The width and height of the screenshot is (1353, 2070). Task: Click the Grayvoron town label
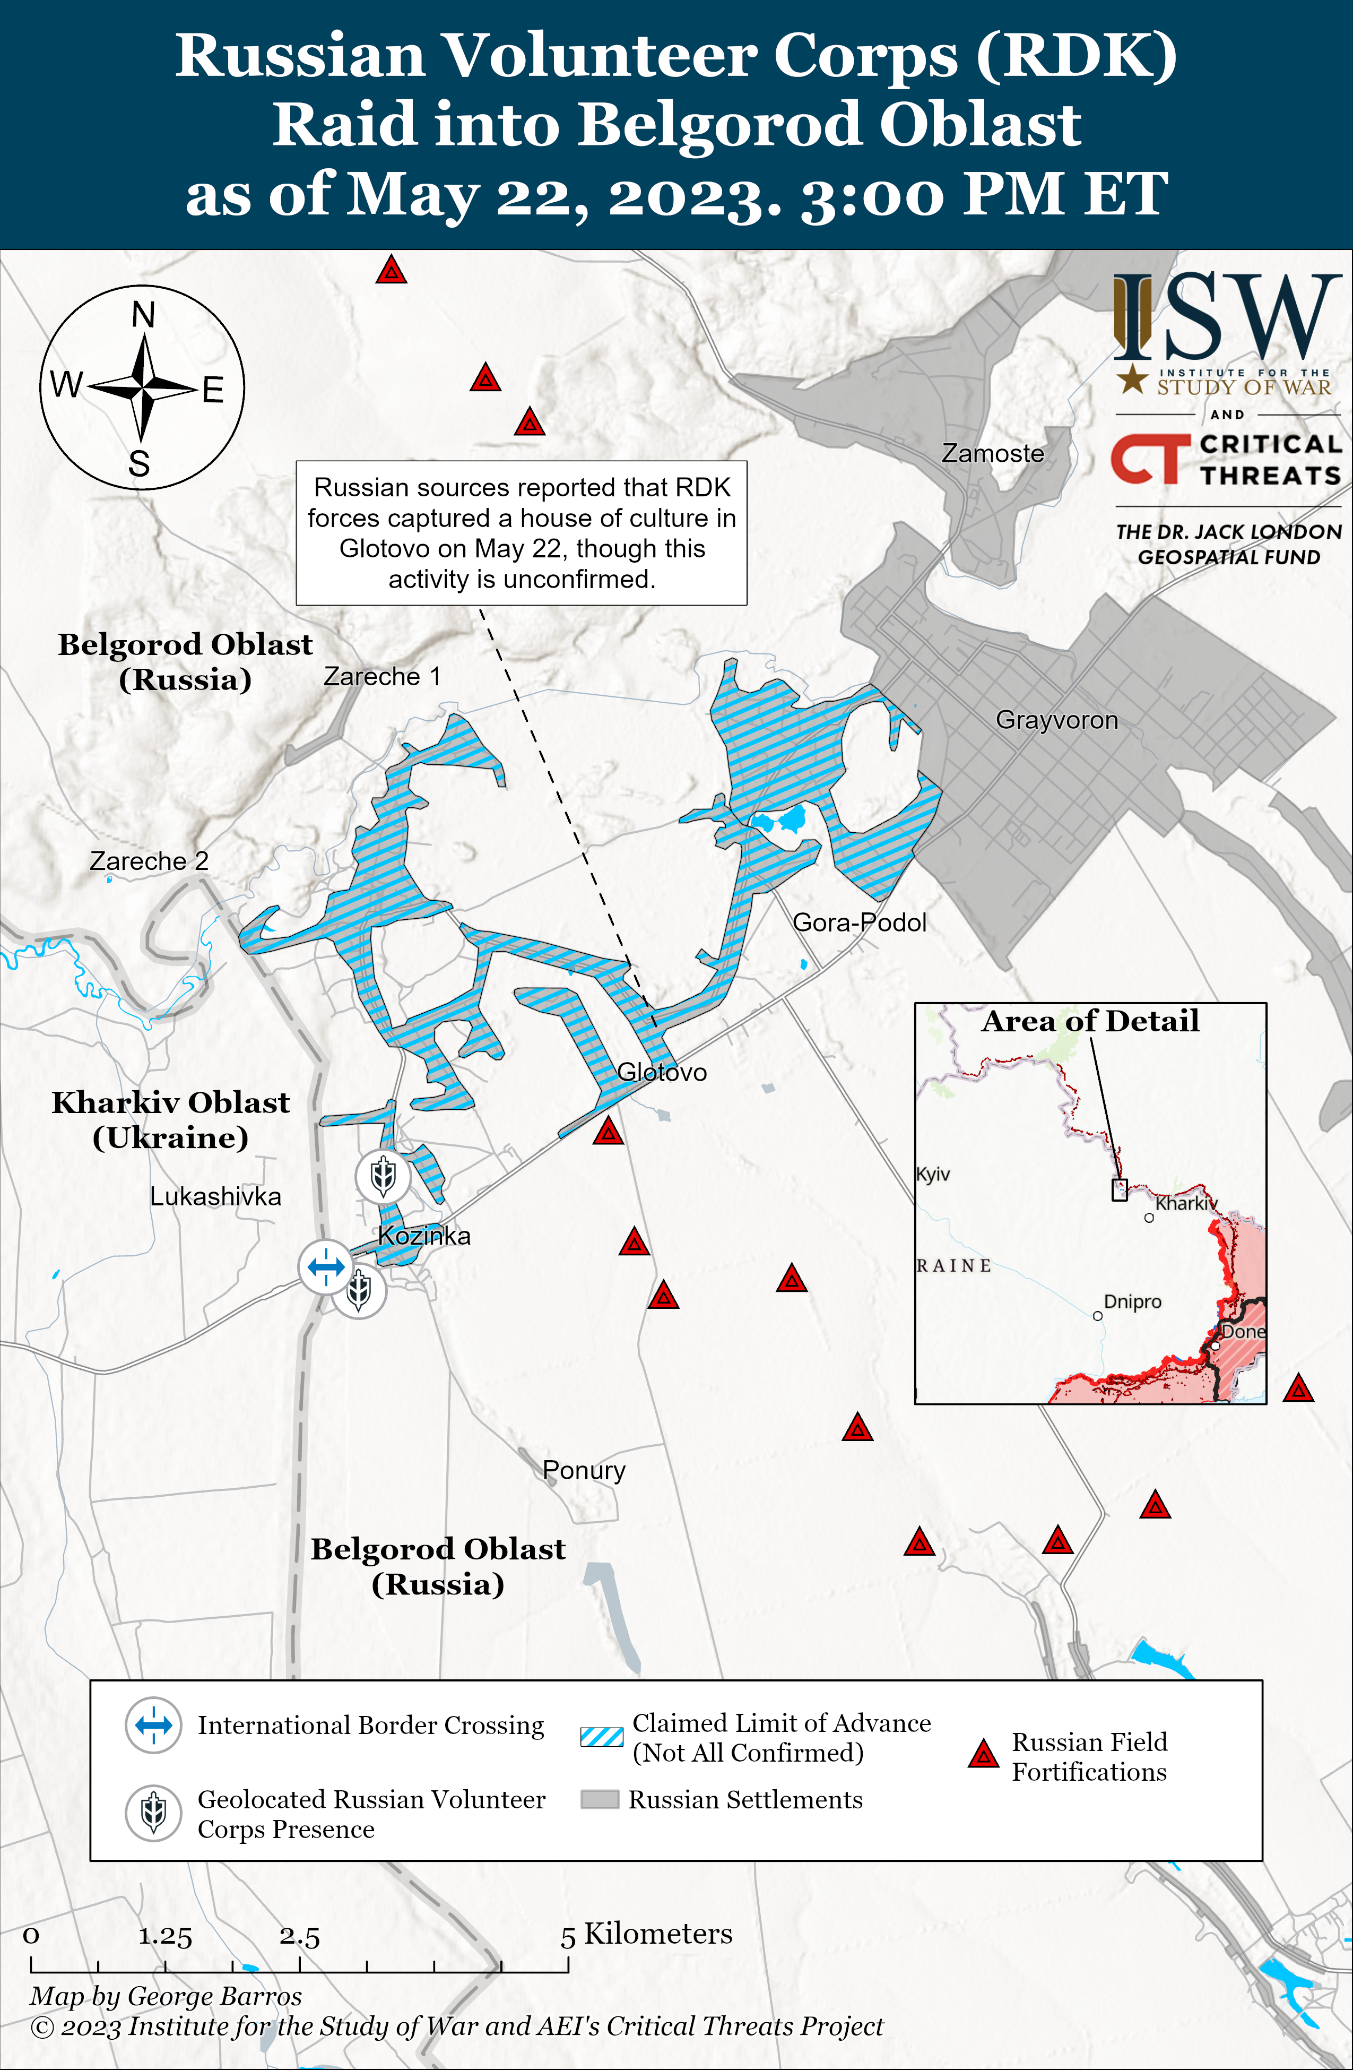[x=1056, y=720]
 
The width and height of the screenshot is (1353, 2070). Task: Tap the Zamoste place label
[x=992, y=454]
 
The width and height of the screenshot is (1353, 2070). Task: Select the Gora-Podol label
[x=859, y=923]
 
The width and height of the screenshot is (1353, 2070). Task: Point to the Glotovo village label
[x=662, y=1072]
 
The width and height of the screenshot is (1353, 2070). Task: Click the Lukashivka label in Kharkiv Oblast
[x=215, y=1197]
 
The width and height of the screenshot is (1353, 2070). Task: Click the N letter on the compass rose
[x=143, y=315]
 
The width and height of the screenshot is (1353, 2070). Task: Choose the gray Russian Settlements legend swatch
[x=599, y=1799]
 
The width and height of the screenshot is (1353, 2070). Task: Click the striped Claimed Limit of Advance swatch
[x=602, y=1737]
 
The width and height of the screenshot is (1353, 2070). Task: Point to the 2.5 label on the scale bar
[x=299, y=1937]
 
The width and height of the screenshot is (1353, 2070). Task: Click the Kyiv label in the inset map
[x=933, y=1174]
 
